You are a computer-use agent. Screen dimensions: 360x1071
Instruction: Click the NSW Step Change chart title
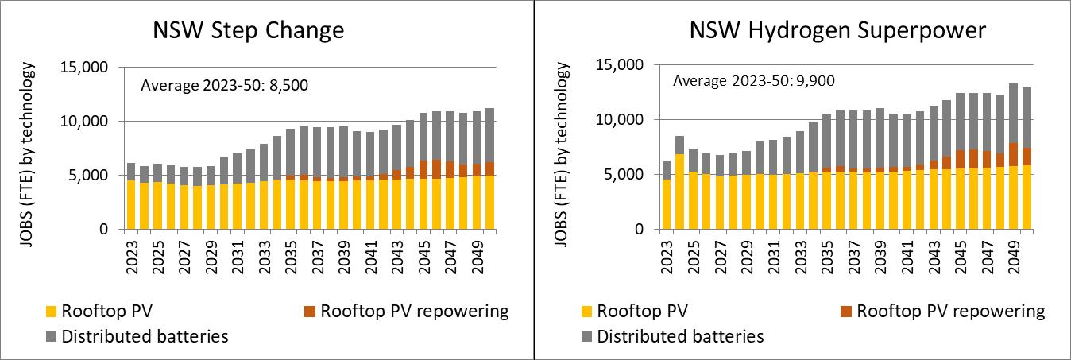coord(249,31)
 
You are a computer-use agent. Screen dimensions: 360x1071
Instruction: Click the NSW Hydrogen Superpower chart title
coord(837,31)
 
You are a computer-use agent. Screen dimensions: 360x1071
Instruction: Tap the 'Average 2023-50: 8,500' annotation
coord(224,84)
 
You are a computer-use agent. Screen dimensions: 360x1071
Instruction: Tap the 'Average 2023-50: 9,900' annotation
coord(754,80)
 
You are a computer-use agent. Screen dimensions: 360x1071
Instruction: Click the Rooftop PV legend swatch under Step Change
coord(49,311)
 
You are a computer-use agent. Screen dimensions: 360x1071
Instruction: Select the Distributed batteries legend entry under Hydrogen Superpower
coord(681,336)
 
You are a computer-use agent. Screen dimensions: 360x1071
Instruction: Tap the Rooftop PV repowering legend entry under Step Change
coord(415,310)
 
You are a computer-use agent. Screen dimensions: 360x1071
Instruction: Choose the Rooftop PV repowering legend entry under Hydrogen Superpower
coord(951,310)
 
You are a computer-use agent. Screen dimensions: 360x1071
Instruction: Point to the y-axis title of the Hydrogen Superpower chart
coord(564,148)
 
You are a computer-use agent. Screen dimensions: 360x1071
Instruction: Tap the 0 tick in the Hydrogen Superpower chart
coord(639,229)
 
